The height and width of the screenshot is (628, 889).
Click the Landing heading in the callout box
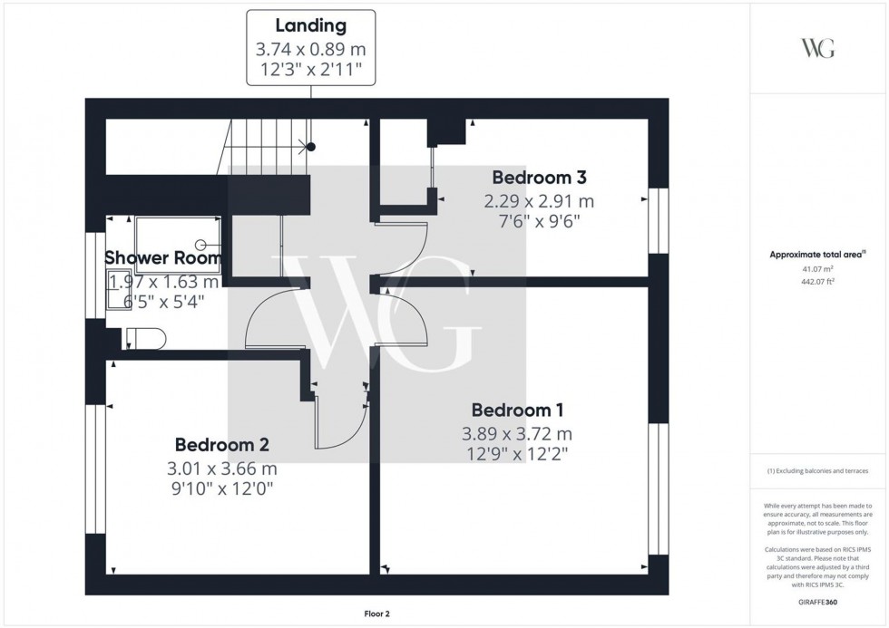pyautogui.click(x=311, y=26)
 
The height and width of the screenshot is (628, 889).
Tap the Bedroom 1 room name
pyautogui.click(x=512, y=410)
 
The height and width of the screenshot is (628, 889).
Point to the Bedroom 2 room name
pyautogui.click(x=221, y=445)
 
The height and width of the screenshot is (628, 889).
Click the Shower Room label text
pyautogui.click(x=163, y=258)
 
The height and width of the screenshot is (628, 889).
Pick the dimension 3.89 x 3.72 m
pyautogui.click(x=517, y=434)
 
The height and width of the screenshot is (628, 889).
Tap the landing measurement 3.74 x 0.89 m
pyautogui.click(x=311, y=49)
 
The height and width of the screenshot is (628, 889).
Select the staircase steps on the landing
pyautogui.click(x=263, y=148)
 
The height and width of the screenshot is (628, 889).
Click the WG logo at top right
pyautogui.click(x=818, y=48)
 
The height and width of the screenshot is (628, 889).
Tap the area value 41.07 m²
pyautogui.click(x=819, y=269)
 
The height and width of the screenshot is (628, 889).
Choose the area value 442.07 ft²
pyautogui.click(x=819, y=281)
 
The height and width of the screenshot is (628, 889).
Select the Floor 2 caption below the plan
pyautogui.click(x=372, y=614)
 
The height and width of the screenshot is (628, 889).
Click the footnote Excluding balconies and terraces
pyautogui.click(x=818, y=471)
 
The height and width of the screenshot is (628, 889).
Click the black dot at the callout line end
pyautogui.click(x=311, y=146)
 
